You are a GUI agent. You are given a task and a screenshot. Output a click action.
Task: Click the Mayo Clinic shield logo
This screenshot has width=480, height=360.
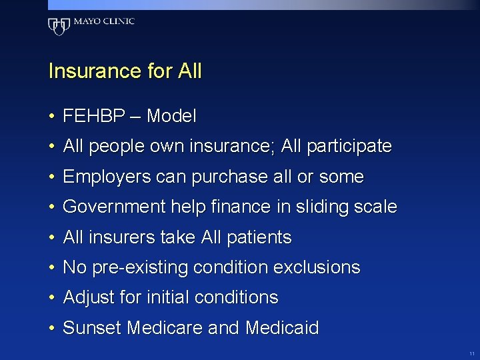coord(59,26)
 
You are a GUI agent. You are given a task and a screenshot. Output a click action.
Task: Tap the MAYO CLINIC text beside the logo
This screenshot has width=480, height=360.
coord(104,21)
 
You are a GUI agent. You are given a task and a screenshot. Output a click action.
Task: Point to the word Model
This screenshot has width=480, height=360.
coord(171,117)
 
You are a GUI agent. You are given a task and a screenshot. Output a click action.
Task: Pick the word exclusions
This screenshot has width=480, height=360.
coord(317,268)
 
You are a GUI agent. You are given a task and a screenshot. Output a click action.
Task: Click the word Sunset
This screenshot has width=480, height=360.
coord(92,328)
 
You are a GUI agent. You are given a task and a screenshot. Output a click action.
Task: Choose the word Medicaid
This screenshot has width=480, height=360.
coord(282,328)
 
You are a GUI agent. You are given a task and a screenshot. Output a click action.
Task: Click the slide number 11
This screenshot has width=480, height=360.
coord(472,353)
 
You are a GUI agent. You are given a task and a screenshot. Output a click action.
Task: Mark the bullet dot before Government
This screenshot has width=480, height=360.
coord(51,208)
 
